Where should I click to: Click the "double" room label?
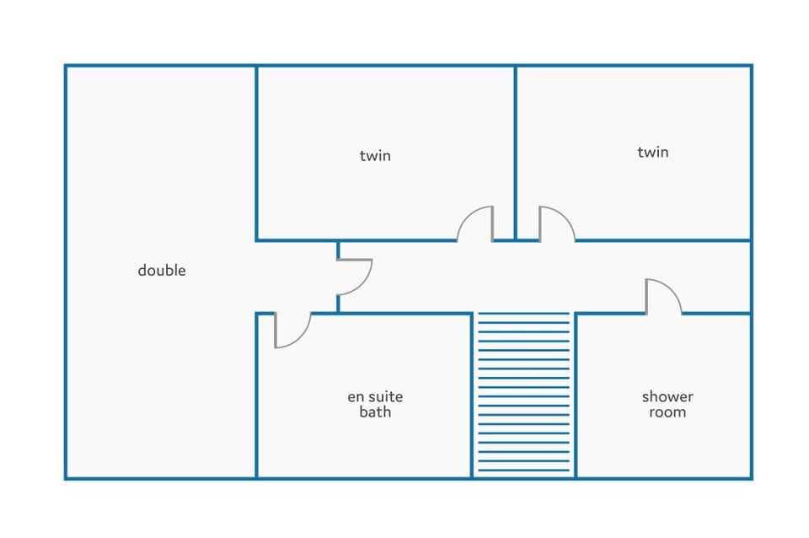(x=162, y=270)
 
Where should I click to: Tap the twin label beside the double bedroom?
(x=375, y=155)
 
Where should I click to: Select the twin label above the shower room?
(x=652, y=152)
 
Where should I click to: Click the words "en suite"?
(x=375, y=396)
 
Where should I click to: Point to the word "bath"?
(x=375, y=412)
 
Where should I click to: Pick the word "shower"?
(x=667, y=396)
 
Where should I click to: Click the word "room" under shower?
(x=667, y=412)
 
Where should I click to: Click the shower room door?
(x=663, y=296)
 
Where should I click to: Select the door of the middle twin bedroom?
(x=475, y=223)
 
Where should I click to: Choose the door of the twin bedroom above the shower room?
(x=557, y=223)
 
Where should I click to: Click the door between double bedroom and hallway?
(x=355, y=277)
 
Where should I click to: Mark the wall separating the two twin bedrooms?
(x=516, y=153)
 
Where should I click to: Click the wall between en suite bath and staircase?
(x=472, y=395)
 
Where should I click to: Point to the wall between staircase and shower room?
(x=576, y=395)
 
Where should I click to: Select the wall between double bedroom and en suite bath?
(x=256, y=395)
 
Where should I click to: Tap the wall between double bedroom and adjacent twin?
(x=256, y=153)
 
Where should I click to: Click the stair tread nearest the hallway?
(x=523, y=314)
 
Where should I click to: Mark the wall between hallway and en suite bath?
(x=392, y=314)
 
